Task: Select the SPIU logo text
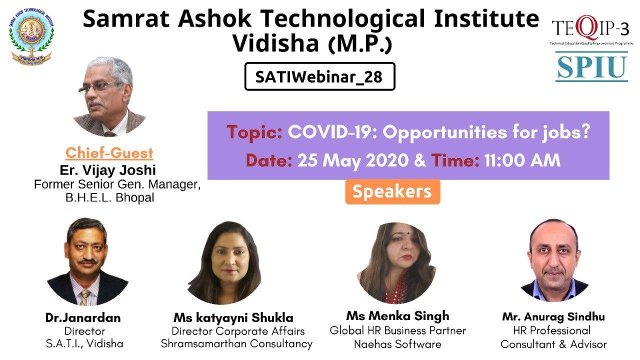[x=591, y=67]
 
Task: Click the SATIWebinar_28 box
[x=319, y=76]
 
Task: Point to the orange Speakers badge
[x=392, y=191]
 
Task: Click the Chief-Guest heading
[x=109, y=153]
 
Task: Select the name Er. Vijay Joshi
[x=107, y=170]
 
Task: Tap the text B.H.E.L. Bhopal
[x=109, y=197]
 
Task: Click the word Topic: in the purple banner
[x=254, y=133]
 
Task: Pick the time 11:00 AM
[x=522, y=160]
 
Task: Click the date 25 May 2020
[x=353, y=161]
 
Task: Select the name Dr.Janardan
[x=83, y=317]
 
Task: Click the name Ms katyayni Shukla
[x=233, y=318]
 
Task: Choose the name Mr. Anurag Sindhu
[x=553, y=317]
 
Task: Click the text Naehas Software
[x=397, y=344]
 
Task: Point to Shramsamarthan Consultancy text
[x=236, y=343]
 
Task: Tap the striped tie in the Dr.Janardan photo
[x=85, y=297]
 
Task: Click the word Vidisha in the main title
[x=275, y=43]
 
